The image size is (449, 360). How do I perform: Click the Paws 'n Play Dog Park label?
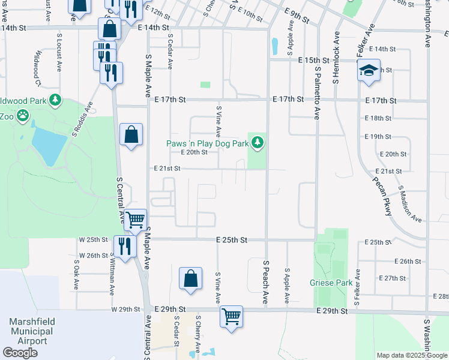coord(207,143)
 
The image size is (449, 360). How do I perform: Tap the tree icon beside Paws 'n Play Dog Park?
coord(258,142)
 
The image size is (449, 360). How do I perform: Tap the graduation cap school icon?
coord(369,71)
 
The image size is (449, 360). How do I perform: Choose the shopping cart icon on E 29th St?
coord(231,315)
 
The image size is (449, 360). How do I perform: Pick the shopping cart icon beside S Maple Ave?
coord(136,220)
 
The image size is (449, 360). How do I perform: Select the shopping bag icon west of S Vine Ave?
coord(190,278)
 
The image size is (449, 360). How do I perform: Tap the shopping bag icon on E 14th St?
coord(110,28)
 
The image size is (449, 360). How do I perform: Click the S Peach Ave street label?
coord(265,281)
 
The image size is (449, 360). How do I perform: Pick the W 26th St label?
coord(93,256)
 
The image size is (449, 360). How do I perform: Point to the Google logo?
coord(20,353)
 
